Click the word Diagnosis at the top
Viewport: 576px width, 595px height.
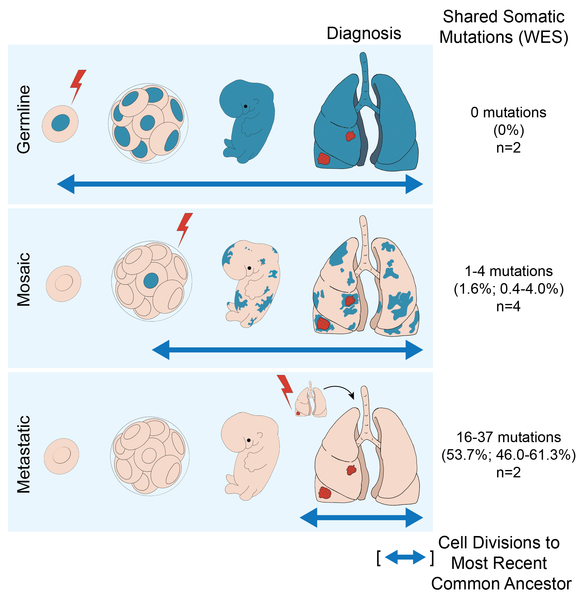364,33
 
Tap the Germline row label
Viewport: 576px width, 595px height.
24,119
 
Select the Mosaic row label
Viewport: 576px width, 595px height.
24,279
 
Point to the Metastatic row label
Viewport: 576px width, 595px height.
24,454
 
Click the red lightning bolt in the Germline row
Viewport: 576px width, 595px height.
78,85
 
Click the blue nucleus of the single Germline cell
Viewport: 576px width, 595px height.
60,123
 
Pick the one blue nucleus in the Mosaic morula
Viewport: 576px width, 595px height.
151,280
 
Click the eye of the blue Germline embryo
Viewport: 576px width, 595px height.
245,106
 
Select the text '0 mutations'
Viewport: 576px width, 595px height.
508,113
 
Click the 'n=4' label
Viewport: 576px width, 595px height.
508,307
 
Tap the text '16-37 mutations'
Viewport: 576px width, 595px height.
508,437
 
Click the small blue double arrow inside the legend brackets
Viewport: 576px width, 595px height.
405,557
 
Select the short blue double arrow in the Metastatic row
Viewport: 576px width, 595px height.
361,518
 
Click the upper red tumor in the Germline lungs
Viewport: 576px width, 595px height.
350,136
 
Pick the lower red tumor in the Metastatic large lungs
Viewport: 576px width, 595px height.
324,493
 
